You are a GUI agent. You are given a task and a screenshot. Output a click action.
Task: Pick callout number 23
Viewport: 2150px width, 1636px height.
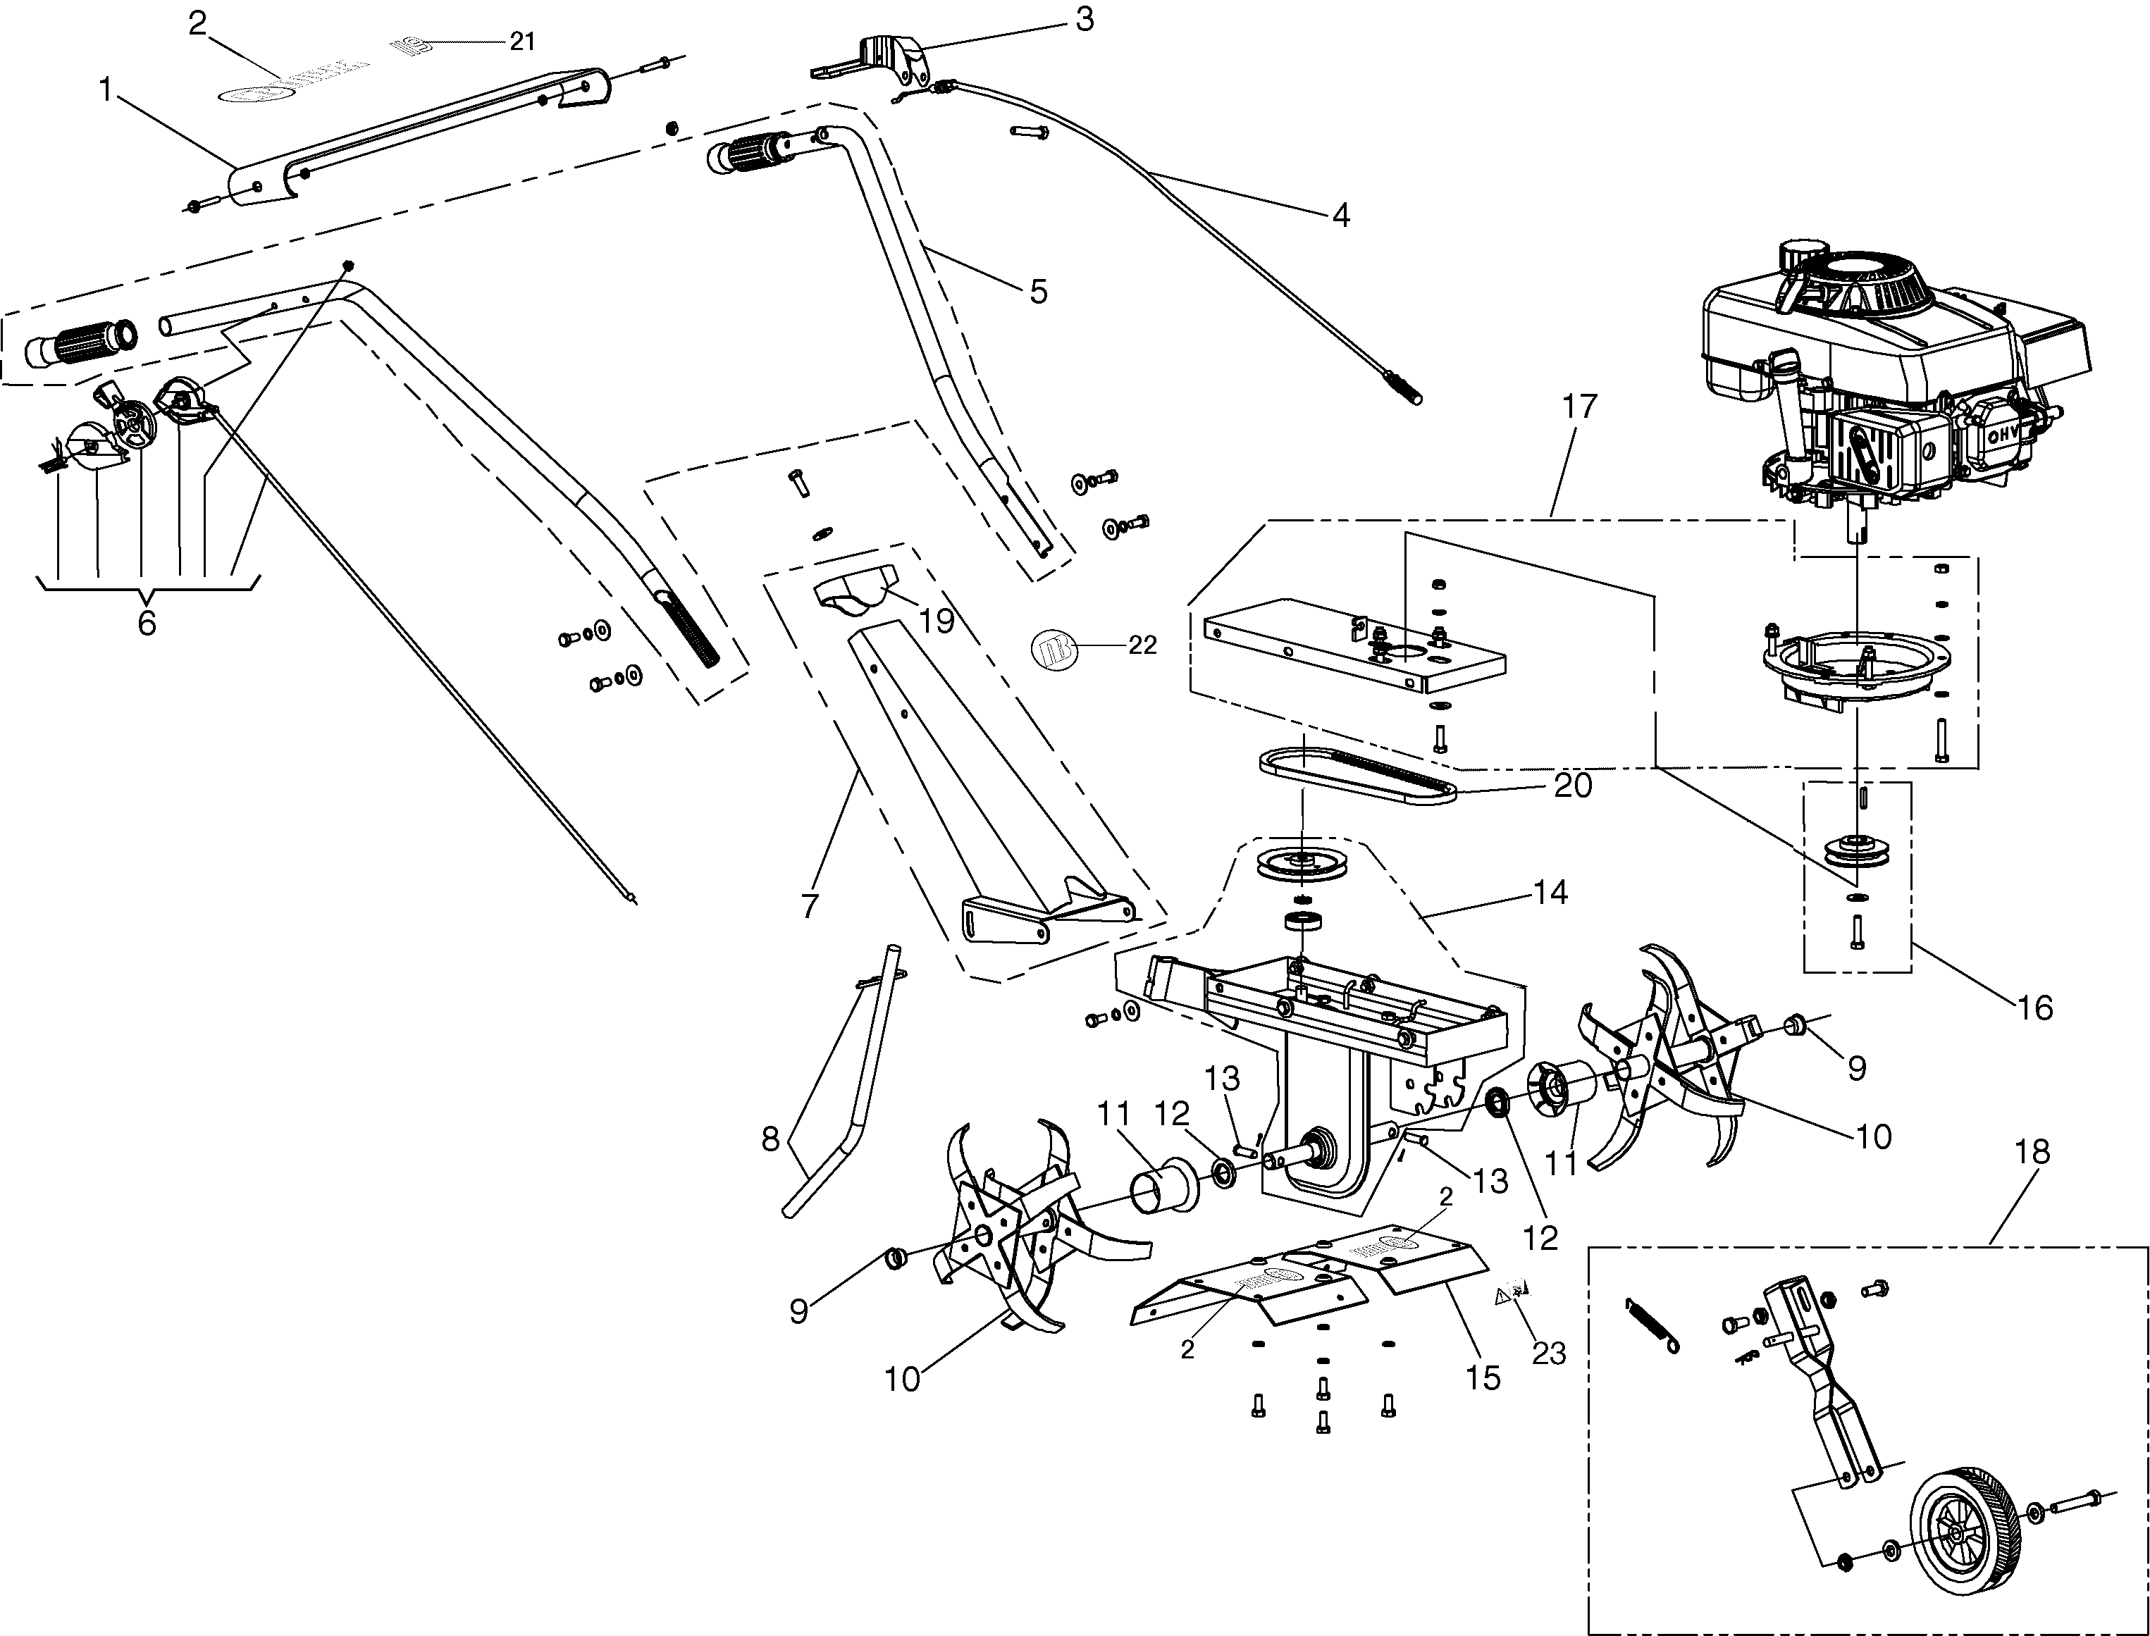click(1548, 1353)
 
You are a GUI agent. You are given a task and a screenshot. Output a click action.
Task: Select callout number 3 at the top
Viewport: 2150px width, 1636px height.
click(1085, 18)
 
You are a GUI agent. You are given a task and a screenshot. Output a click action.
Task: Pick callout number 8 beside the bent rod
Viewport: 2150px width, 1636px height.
click(770, 1139)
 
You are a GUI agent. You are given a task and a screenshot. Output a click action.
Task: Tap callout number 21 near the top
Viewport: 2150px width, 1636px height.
click(522, 42)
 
